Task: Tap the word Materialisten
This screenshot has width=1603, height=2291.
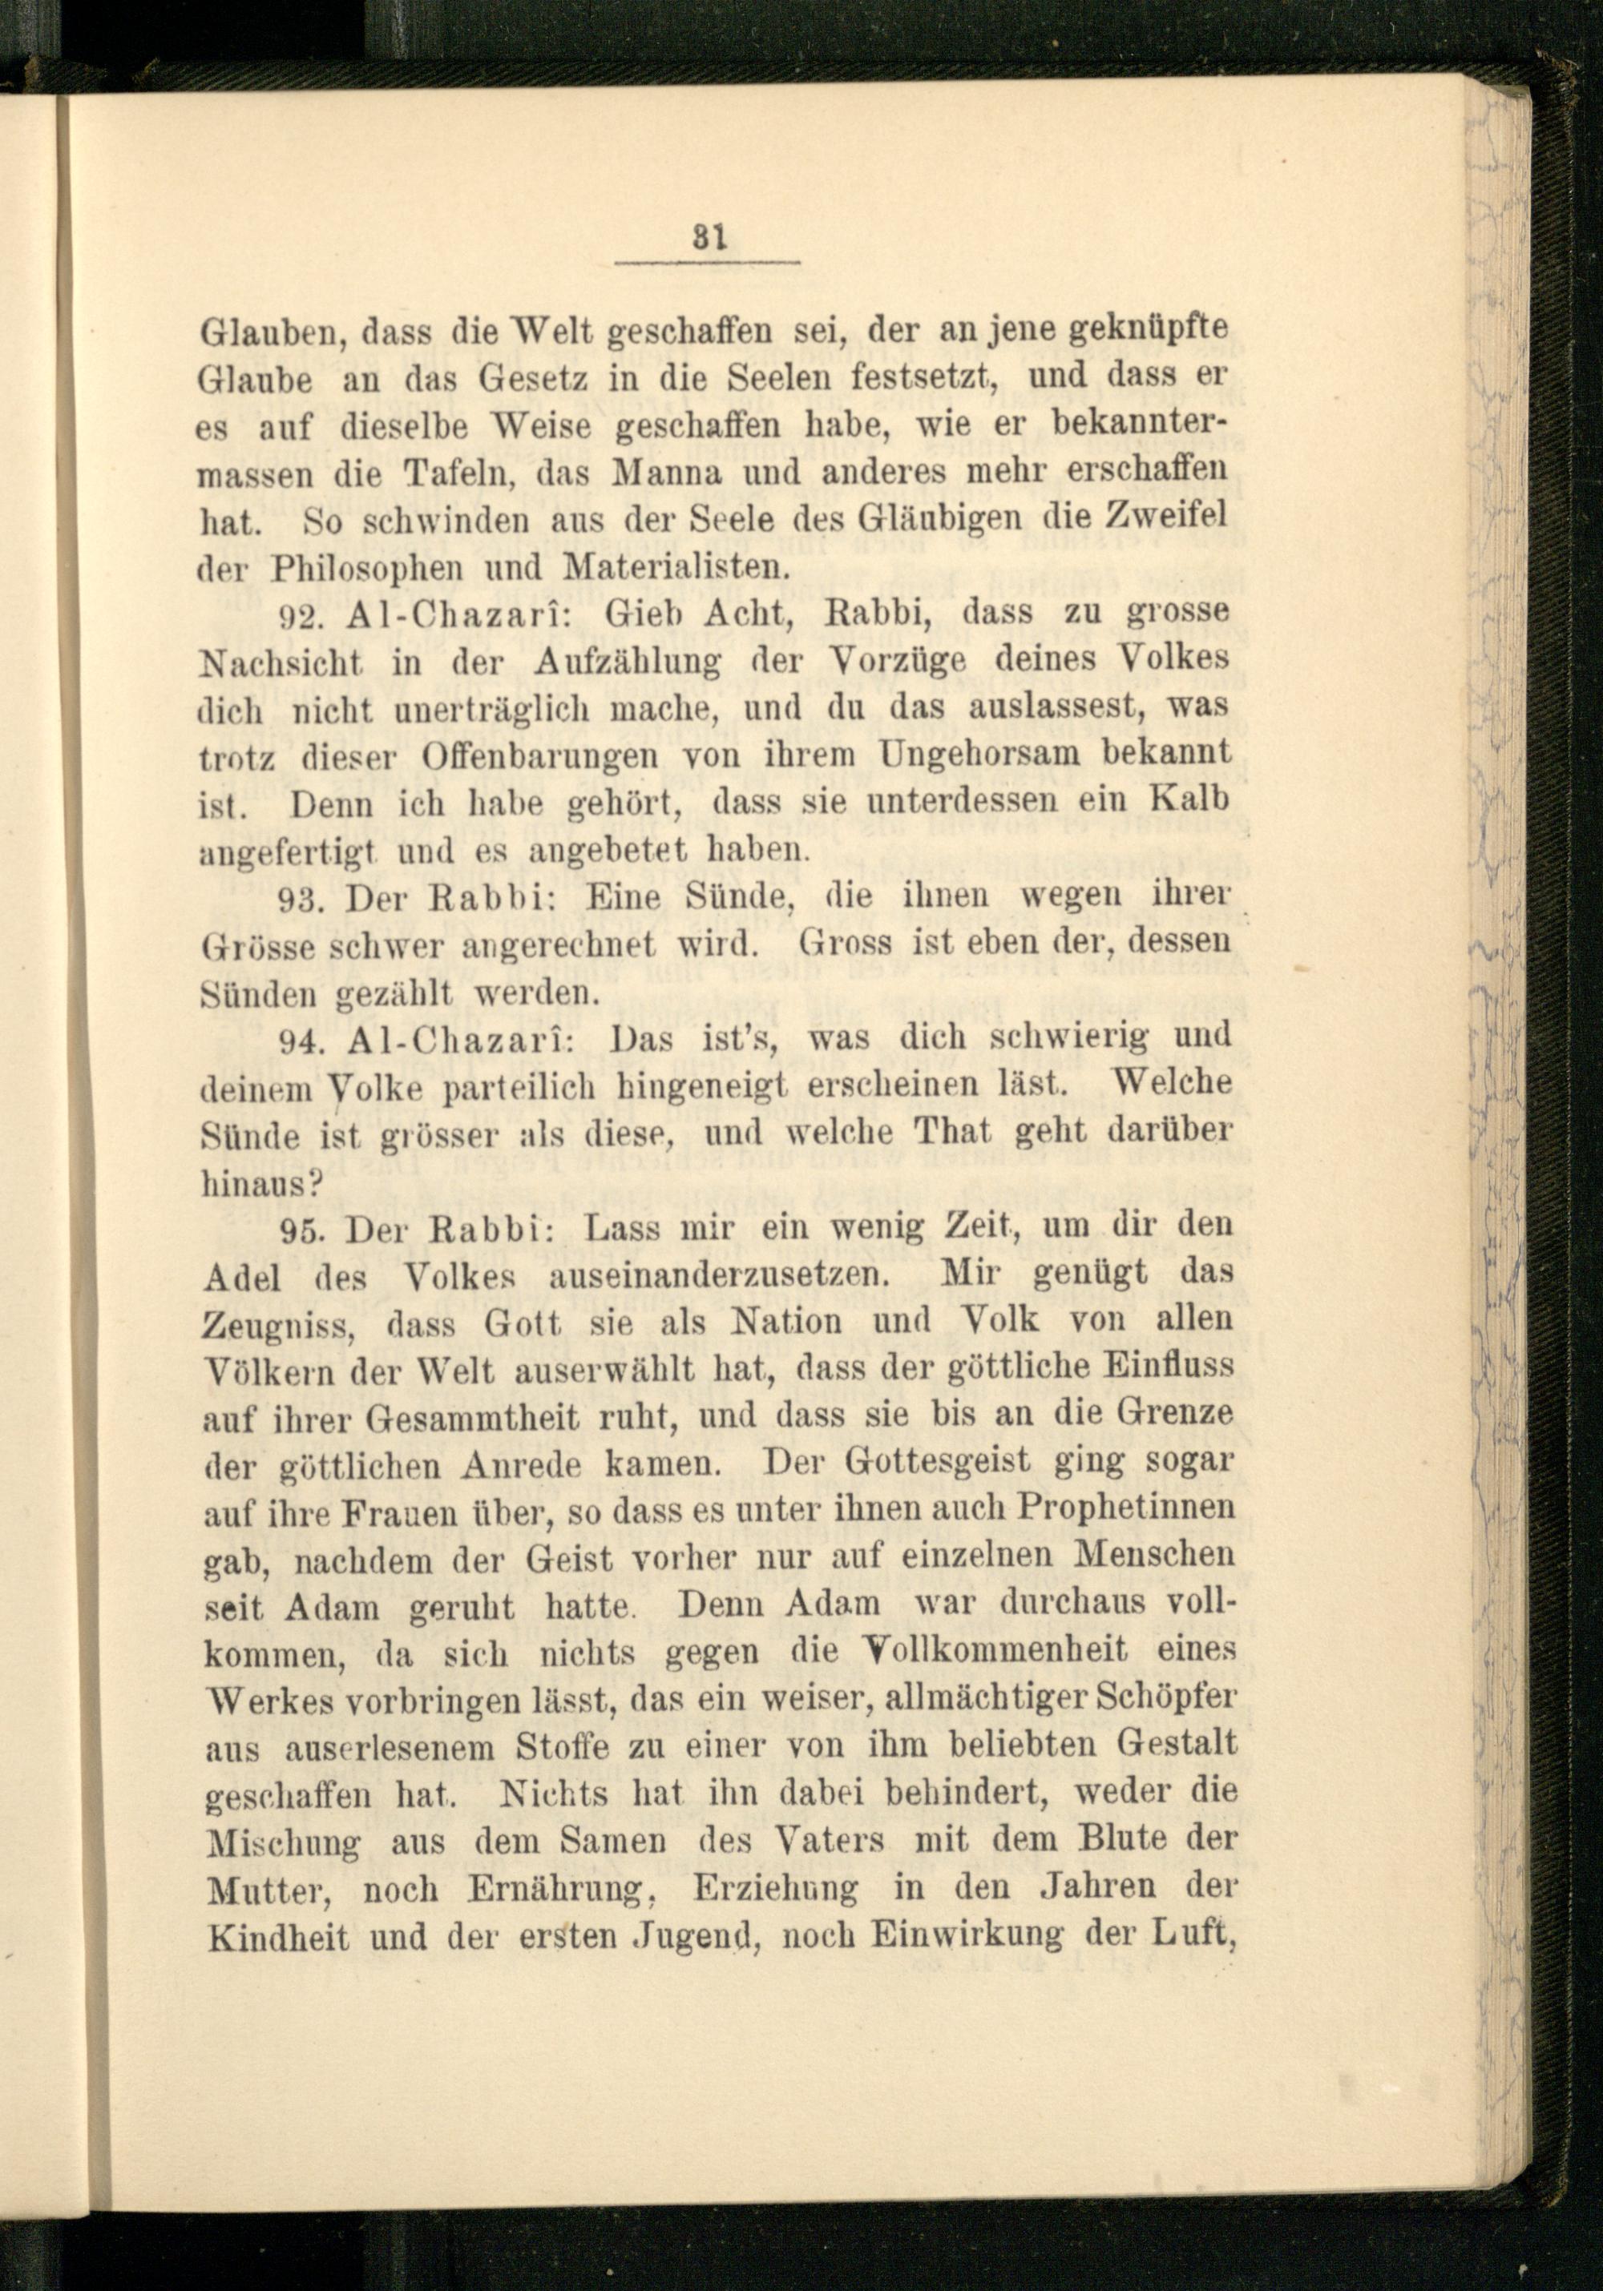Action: point(676,568)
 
